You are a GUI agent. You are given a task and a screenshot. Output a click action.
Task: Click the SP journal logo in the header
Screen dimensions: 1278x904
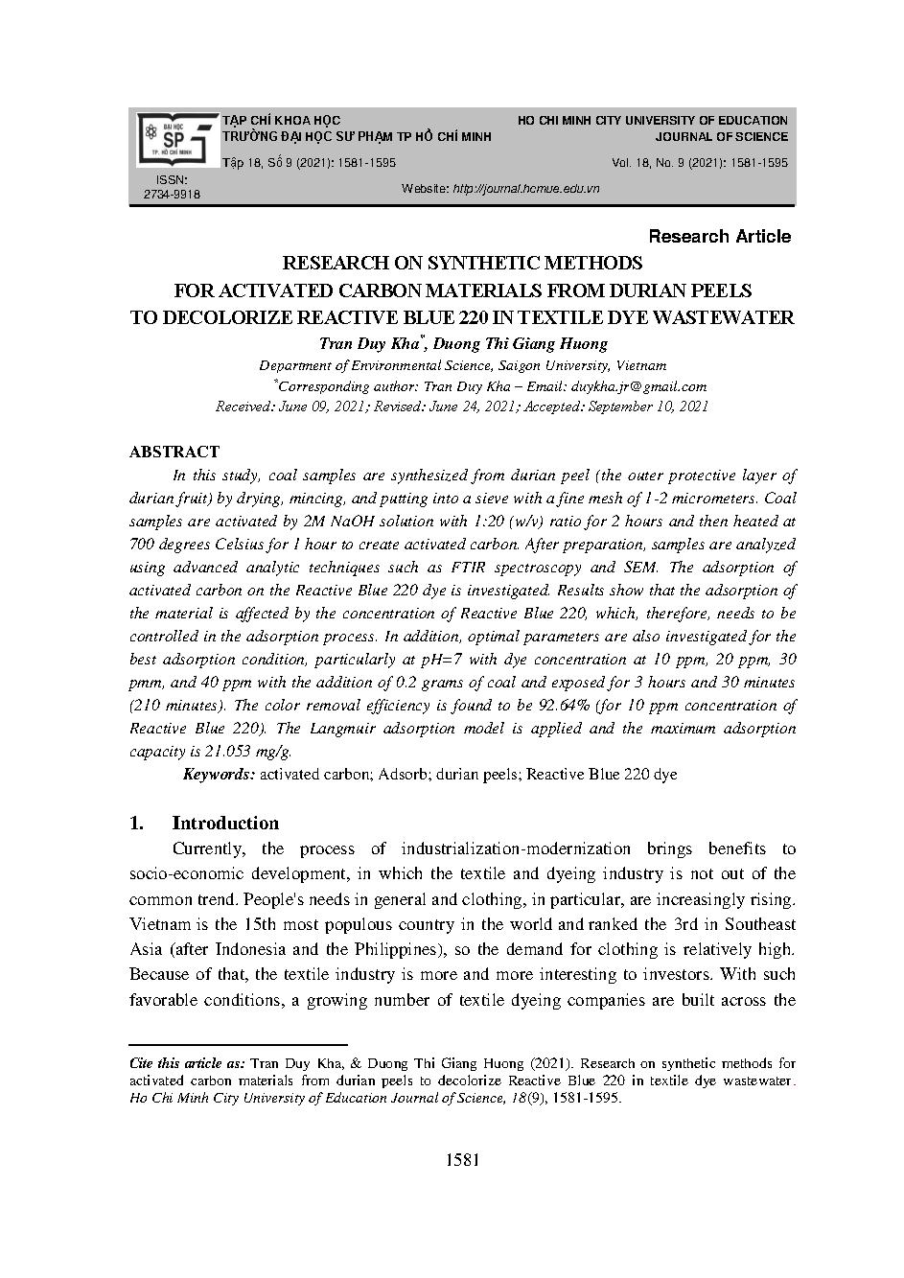tap(175, 139)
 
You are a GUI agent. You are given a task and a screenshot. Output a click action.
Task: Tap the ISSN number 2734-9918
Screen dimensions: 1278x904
tap(172, 195)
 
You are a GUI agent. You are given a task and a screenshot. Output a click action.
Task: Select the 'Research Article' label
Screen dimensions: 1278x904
tap(719, 236)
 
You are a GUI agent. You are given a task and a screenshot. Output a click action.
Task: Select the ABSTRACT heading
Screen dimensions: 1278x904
tap(174, 452)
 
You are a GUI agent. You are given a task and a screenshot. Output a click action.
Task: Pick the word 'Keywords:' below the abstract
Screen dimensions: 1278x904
tap(219, 775)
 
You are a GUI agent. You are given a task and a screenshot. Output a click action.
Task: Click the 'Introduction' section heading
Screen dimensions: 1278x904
tap(224, 823)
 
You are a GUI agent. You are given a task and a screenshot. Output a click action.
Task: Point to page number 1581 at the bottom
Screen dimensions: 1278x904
tap(462, 1160)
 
